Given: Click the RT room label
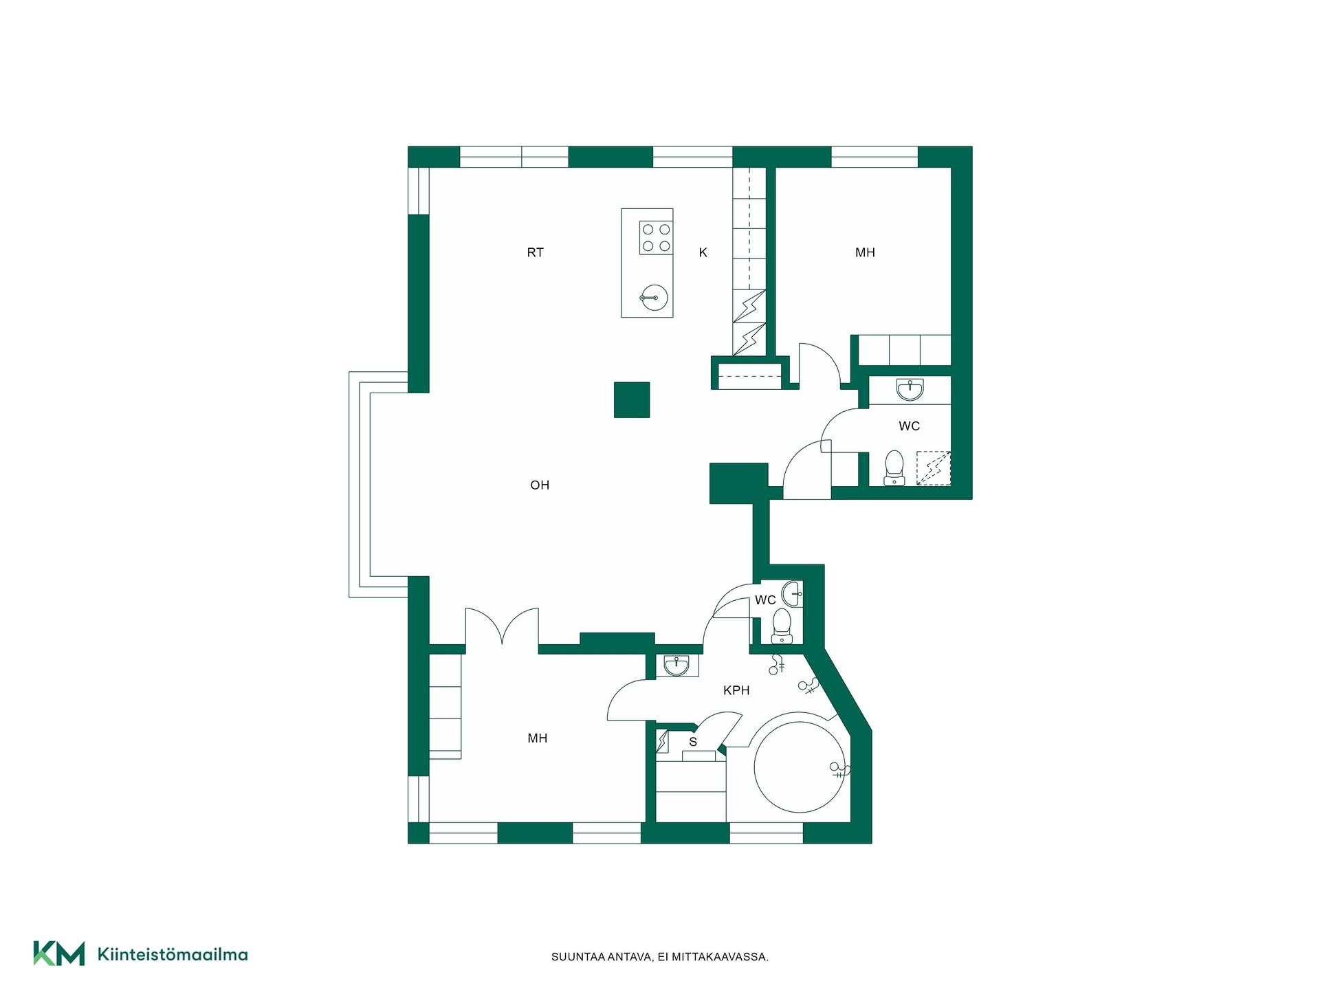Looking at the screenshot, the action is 535,252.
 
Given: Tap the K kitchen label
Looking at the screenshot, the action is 703,252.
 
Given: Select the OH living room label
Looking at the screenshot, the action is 540,485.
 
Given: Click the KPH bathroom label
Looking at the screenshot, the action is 736,690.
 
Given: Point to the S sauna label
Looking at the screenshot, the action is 693,742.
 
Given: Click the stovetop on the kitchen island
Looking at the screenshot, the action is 656,237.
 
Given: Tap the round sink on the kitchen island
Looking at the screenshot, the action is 653,297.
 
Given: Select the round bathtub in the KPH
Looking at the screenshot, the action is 798,767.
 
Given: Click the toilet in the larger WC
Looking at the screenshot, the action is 894,467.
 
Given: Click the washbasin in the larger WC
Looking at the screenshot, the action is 910,390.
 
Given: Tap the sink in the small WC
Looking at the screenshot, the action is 792,594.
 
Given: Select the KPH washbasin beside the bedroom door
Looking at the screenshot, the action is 677,665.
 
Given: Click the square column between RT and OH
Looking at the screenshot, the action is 632,400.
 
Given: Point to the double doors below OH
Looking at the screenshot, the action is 502,626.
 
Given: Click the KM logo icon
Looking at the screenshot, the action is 59,954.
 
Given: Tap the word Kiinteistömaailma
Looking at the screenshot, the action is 173,954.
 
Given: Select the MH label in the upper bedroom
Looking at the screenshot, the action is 865,252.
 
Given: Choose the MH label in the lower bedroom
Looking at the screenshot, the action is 538,738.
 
